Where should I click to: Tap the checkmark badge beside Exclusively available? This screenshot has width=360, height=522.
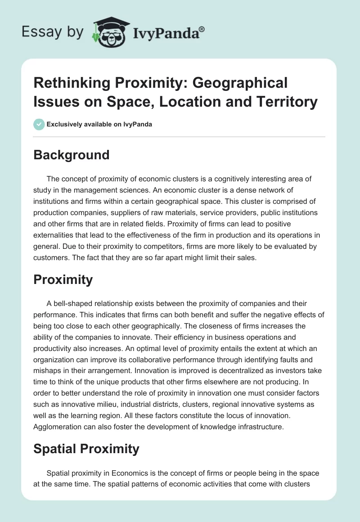[x=39, y=125]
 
